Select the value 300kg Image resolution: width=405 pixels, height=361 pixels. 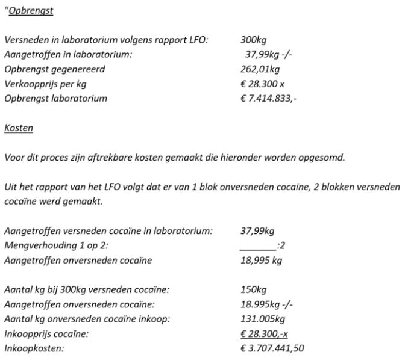point(253,40)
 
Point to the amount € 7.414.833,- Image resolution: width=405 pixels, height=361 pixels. point(268,99)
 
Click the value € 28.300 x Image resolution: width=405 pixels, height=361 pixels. point(262,84)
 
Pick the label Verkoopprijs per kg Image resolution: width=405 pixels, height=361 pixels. point(45,84)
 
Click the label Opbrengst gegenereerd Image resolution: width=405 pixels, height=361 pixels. point(54,69)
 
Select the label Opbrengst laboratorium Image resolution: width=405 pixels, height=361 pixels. point(55,99)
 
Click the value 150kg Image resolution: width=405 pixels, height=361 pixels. point(253,289)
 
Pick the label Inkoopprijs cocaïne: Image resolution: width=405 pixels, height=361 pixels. point(46,333)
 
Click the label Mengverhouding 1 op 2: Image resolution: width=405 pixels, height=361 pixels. point(54,245)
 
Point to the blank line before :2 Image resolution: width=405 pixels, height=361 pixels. point(257,245)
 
